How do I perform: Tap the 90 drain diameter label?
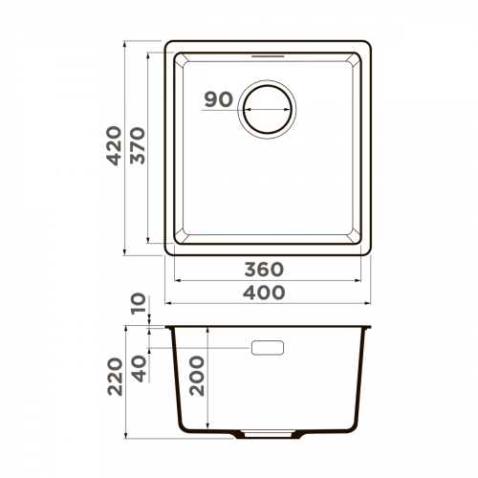pyautogui.click(x=219, y=99)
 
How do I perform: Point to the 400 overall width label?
pyautogui.click(x=265, y=293)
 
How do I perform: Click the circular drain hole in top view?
pyautogui.click(x=267, y=108)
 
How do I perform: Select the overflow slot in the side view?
pyautogui.click(x=267, y=348)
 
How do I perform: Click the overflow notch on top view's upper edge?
pyautogui.click(x=267, y=54)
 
